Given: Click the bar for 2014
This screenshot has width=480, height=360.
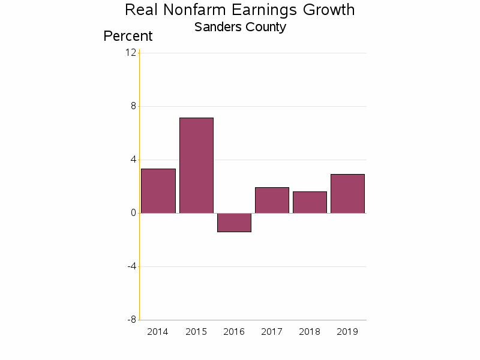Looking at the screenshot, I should point(158,191).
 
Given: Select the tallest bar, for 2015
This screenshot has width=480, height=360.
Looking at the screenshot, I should point(196,165).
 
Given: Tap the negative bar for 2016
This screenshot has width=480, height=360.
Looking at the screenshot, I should point(234,223).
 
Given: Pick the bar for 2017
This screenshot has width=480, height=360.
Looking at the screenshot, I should point(272,200).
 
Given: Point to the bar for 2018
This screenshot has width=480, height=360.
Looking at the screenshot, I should point(310,202).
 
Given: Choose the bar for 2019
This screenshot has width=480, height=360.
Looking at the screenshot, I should point(347,193).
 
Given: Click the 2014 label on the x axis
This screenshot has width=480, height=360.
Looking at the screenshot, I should point(158,332).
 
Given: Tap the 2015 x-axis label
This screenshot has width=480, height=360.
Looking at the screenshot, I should point(196,332).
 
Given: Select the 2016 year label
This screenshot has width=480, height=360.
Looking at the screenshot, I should point(234,332).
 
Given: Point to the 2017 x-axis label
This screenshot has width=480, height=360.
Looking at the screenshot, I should point(272,332).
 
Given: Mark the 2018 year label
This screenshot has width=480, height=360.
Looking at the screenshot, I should point(310,332).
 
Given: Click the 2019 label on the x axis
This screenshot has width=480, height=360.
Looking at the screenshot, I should point(347,332).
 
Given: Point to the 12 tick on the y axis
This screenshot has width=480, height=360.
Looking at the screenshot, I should point(130,53).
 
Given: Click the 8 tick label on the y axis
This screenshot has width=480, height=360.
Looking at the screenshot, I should point(133,106).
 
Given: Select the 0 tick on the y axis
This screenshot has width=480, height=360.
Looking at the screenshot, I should point(133,213).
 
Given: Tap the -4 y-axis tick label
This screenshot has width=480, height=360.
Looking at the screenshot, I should point(131,266).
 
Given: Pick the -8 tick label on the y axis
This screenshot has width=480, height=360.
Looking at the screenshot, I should point(131,320).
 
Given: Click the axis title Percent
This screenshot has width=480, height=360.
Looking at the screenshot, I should point(128,36).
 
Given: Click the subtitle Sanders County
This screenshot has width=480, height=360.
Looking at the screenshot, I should point(240,27).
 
